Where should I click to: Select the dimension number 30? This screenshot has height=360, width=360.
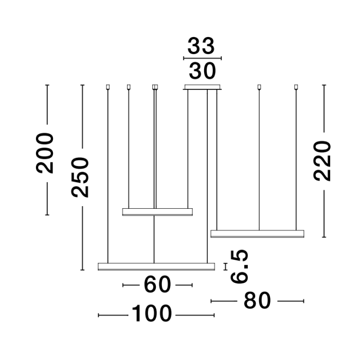pyautogui.click(x=202, y=71)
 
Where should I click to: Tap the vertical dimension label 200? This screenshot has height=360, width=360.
pyautogui.click(x=45, y=153)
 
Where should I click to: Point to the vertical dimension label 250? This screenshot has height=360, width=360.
pyautogui.click(x=81, y=177)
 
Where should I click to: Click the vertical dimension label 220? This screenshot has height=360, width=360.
pyautogui.click(x=322, y=160)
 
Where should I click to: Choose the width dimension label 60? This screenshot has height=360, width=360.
pyautogui.click(x=157, y=284)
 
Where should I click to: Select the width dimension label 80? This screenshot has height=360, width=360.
pyautogui.click(x=256, y=300)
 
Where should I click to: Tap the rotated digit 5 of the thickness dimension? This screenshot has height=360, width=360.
pyautogui.click(x=240, y=256)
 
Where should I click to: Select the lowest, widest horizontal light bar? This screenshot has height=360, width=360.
pyautogui.click(x=156, y=266)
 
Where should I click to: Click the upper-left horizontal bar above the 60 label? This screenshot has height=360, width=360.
pyautogui.click(x=157, y=211)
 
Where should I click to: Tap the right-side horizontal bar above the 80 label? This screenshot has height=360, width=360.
pyautogui.click(x=257, y=234)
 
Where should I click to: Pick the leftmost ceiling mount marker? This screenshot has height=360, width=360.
pyautogui.click(x=108, y=86)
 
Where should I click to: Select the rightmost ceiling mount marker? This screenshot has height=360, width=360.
pyautogui.click(x=296, y=86)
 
